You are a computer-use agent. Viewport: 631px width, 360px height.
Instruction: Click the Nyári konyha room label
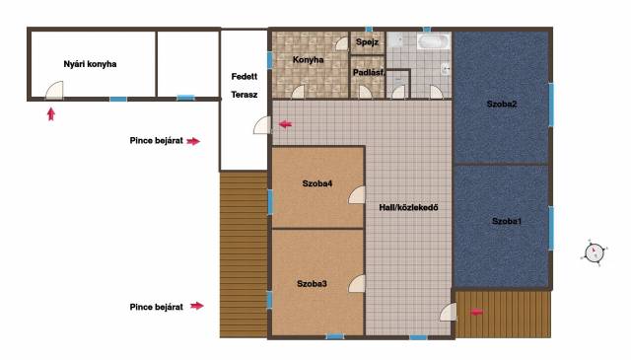click(90, 64)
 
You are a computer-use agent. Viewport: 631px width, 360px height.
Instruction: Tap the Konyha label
click(308, 59)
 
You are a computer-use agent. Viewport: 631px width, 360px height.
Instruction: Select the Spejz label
click(367, 41)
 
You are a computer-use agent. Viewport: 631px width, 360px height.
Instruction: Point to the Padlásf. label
click(368, 73)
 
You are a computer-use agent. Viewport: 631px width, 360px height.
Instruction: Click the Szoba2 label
click(502, 104)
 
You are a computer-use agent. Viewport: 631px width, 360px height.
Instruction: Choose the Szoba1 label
click(507, 221)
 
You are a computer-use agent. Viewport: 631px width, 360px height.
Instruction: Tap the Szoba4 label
click(317, 183)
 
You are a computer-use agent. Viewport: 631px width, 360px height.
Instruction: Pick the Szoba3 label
click(312, 283)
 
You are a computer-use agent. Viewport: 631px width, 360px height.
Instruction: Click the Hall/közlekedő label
click(408, 208)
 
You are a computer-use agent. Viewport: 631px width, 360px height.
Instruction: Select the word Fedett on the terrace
click(245, 77)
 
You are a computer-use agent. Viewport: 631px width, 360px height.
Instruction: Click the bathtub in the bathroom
click(434, 41)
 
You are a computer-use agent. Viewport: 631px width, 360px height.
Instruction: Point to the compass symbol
click(594, 252)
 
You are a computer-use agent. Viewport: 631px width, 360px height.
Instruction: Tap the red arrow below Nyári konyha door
click(50, 114)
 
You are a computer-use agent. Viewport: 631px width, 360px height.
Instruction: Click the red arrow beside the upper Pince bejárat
click(193, 141)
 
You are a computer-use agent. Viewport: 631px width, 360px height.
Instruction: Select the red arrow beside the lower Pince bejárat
click(197, 306)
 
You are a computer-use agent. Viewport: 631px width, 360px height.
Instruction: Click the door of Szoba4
click(357, 195)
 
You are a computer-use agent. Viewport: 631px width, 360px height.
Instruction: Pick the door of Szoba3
click(357, 284)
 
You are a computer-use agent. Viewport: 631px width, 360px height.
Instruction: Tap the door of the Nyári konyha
click(54, 90)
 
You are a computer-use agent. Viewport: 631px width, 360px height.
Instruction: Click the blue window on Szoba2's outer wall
click(551, 105)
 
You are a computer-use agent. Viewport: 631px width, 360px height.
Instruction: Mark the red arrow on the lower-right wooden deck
click(477, 312)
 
